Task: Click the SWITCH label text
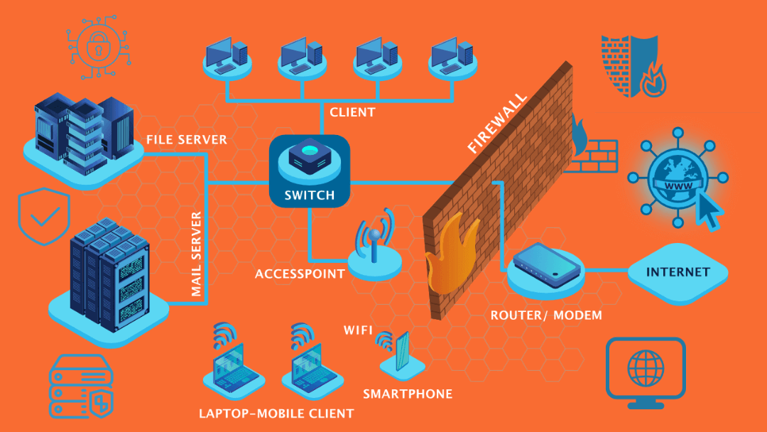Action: click(x=310, y=195)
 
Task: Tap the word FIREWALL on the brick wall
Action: click(x=498, y=122)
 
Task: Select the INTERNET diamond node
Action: click(x=678, y=272)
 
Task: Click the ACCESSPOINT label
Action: click(x=300, y=274)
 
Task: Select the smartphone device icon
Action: click(x=402, y=352)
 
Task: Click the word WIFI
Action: click(x=359, y=330)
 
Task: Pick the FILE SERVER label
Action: click(x=187, y=139)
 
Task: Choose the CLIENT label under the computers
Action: click(x=352, y=112)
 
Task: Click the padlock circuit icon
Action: click(x=94, y=48)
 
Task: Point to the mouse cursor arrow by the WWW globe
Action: click(x=709, y=210)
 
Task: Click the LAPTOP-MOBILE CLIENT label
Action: click(x=276, y=413)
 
